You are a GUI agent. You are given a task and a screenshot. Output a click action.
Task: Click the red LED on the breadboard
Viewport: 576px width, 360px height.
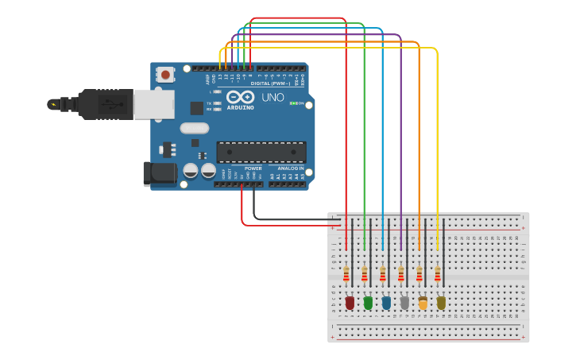coord(350,303)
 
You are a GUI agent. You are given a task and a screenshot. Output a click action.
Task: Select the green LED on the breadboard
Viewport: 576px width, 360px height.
coord(368,303)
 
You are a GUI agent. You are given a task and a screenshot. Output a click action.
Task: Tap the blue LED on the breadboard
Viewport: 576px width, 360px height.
coord(386,303)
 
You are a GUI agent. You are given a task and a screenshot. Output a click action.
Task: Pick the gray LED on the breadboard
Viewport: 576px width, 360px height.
coord(404,303)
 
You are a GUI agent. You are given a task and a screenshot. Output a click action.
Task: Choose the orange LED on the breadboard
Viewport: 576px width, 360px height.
coord(423,303)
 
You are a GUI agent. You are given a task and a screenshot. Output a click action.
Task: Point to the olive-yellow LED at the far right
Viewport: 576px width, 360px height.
coord(441,303)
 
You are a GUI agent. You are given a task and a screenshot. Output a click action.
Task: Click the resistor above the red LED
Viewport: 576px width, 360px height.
coord(346,274)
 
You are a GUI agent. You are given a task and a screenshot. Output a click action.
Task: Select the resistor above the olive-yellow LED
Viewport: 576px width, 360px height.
coord(438,274)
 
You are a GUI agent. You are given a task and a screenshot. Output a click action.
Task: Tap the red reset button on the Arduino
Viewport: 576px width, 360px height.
coord(165,75)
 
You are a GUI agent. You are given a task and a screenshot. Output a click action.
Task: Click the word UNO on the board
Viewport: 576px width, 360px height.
coord(273,98)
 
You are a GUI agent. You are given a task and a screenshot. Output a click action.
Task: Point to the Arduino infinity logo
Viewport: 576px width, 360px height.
coord(239,97)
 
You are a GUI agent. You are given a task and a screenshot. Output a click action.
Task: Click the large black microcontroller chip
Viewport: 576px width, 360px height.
coord(261,152)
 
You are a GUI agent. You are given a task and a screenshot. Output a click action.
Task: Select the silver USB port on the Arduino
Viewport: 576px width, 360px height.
coord(153,104)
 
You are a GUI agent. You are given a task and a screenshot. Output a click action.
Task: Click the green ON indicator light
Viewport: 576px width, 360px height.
coord(292,103)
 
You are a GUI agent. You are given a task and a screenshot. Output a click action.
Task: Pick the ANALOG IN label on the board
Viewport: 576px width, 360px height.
coord(290,168)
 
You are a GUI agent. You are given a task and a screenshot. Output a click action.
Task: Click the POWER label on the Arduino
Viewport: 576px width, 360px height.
coord(253,168)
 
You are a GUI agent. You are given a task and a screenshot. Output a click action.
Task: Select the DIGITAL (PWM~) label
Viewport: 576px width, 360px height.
coord(270,83)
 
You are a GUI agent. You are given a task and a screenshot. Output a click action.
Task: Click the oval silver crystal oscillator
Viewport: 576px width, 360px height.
coord(195,128)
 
